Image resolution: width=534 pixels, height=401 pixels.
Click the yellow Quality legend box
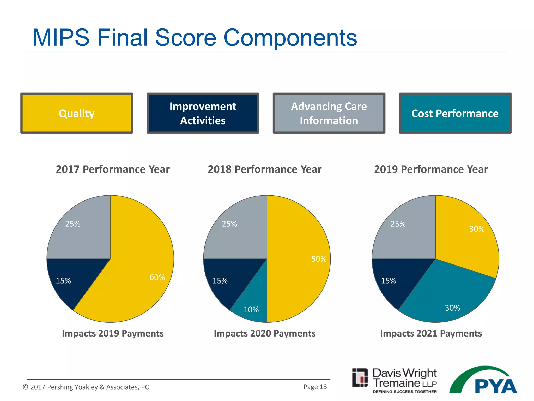[77, 113]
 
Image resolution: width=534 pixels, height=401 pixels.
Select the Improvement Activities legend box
[203, 113]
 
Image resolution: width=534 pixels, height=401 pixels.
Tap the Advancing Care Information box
[329, 113]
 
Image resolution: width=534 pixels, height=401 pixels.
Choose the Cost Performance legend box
[455, 113]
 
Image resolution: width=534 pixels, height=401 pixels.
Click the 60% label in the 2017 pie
[157, 277]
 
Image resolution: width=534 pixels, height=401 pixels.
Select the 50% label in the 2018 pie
[319, 259]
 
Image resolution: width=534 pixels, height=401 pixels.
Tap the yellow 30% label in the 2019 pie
[477, 229]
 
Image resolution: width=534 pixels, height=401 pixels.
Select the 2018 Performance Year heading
[264, 169]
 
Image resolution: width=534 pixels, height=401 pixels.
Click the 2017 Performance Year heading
[113, 169]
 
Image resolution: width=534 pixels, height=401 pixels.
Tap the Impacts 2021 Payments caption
[431, 333]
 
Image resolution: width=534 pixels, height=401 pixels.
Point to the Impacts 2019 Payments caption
[113, 333]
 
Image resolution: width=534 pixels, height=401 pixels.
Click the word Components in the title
[290, 38]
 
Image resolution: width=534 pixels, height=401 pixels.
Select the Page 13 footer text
[315, 387]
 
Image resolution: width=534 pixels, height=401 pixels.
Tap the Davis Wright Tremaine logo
[394, 381]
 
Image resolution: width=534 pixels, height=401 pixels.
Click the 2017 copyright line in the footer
[86, 387]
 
